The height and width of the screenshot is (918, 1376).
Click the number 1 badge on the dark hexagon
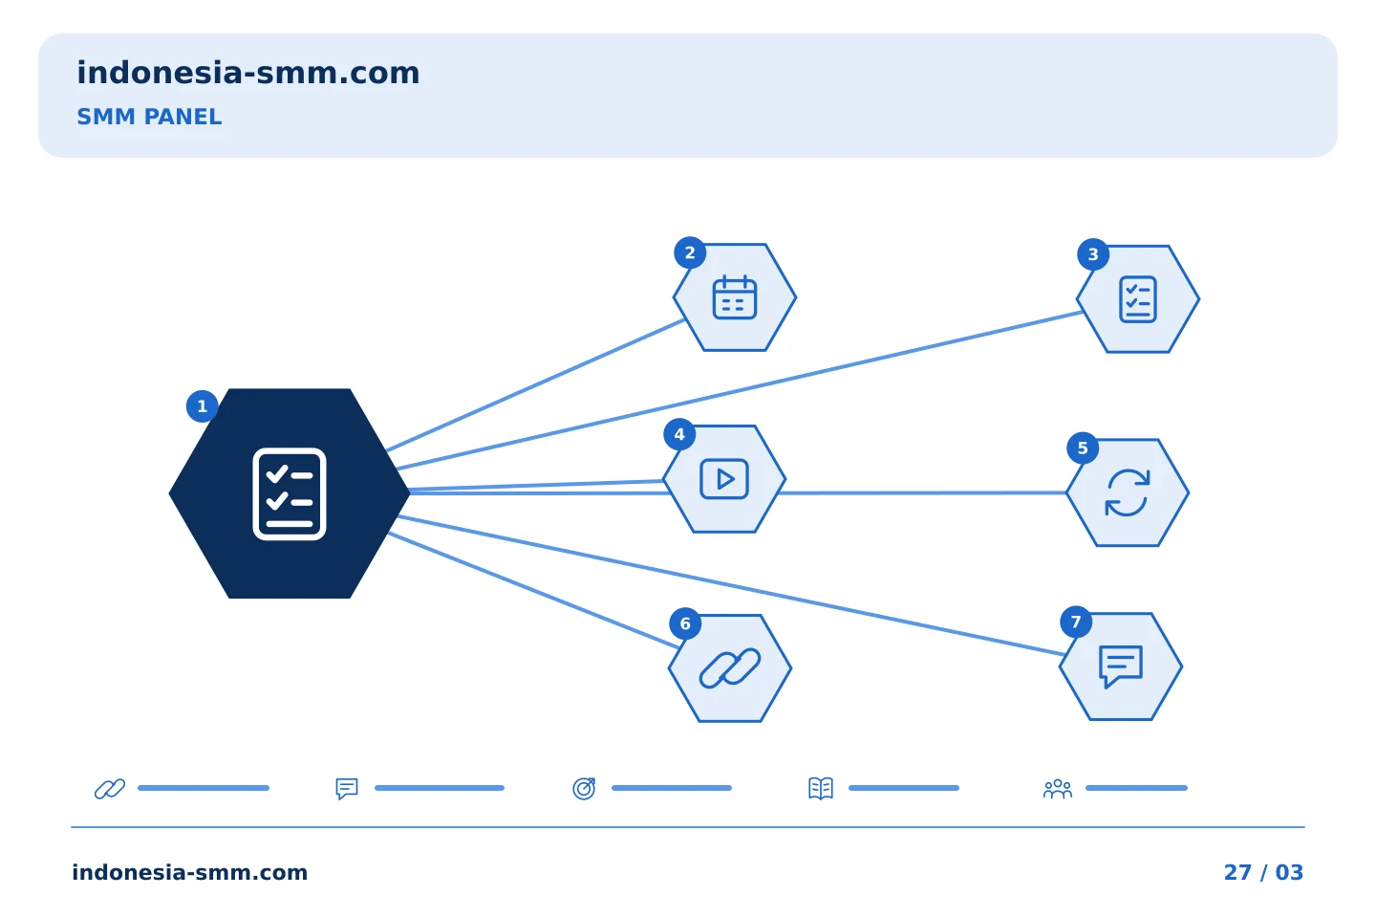(203, 406)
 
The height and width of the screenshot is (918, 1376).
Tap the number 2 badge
(690, 252)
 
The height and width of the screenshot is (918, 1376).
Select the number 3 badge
(1093, 254)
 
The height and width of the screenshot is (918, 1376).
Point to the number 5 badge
(1083, 448)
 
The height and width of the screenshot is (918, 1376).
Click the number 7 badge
(1076, 623)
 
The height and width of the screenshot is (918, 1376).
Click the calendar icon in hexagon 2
(735, 297)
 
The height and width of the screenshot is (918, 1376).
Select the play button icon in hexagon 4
(724, 479)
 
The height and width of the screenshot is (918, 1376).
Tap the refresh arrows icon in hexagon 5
(1128, 492)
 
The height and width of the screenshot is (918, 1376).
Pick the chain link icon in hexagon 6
(730, 668)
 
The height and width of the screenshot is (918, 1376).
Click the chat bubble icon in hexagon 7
(1121, 666)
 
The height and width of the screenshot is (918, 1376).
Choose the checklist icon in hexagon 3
(1138, 299)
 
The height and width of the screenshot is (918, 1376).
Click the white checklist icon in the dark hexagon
(290, 493)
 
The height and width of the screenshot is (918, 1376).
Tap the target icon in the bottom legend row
(584, 788)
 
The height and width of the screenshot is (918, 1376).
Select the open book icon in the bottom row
(821, 788)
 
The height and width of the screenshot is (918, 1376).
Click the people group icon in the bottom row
(1058, 789)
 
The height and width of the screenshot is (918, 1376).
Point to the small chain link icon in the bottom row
(110, 789)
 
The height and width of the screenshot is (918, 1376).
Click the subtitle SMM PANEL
(149, 117)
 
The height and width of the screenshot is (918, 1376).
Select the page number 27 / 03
(1263, 872)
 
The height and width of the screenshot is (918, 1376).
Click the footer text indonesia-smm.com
(190, 872)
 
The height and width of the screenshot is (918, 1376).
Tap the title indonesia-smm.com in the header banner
(248, 73)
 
